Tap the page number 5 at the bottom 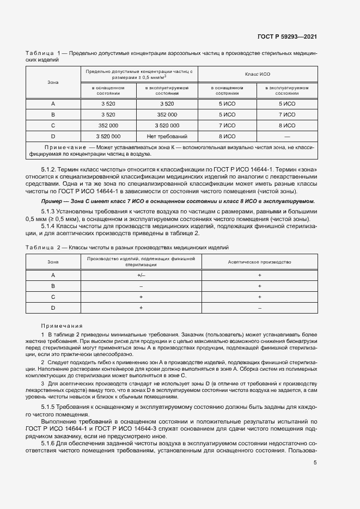pos(315,463)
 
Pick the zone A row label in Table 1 pos(53,103)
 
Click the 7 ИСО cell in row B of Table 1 pos(286,114)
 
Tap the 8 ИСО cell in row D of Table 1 pos(227,136)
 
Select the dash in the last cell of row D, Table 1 pos(286,136)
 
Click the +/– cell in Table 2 pos(141,275)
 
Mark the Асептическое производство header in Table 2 pos(259,262)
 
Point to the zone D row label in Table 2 pos(53,308)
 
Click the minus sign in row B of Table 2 pos(141,286)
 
